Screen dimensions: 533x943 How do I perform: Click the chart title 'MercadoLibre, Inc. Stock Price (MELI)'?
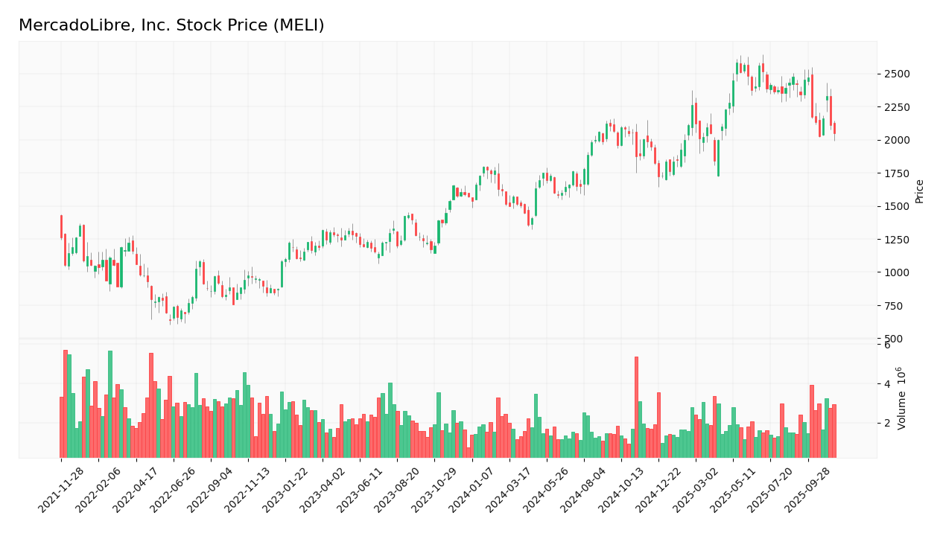(x=171, y=26)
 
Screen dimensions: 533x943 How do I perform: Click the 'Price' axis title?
(x=920, y=191)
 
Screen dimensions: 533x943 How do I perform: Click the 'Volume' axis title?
(x=902, y=398)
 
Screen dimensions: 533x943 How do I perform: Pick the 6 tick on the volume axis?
(x=887, y=345)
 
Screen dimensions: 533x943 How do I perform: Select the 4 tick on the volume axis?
(x=887, y=384)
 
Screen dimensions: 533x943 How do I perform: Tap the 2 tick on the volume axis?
(x=887, y=423)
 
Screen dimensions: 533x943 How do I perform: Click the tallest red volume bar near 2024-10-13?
(x=636, y=407)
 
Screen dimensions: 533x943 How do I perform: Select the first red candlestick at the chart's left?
(x=61, y=226)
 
